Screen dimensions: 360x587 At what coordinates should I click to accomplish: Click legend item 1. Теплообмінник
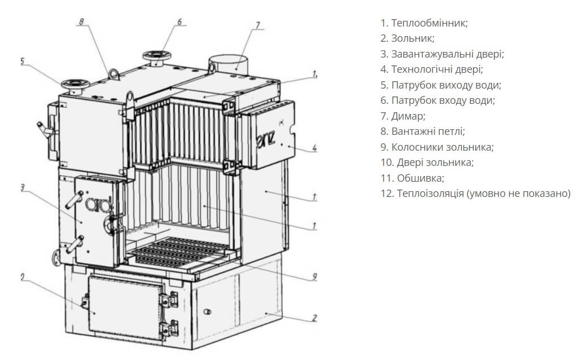[424, 23]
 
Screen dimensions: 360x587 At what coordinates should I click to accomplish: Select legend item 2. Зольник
[407, 38]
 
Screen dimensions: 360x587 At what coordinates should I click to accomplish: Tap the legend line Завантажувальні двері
[442, 54]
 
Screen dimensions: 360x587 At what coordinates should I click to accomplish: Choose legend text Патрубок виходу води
[440, 85]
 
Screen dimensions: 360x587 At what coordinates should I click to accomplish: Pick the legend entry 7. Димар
[403, 116]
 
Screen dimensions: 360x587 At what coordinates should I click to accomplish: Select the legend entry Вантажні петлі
[422, 131]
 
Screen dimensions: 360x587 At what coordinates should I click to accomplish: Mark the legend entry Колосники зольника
[437, 147]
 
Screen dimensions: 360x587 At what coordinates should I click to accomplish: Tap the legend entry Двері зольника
[427, 163]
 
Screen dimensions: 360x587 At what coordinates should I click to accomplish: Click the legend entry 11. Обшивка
[412, 178]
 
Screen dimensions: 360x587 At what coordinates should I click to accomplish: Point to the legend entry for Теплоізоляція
[475, 194]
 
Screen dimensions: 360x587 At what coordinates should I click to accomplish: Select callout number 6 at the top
[179, 22]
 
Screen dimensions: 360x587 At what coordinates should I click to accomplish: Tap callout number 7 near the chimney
[257, 25]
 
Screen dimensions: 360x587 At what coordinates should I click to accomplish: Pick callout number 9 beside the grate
[314, 276]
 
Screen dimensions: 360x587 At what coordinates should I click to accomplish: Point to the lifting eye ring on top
[114, 73]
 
